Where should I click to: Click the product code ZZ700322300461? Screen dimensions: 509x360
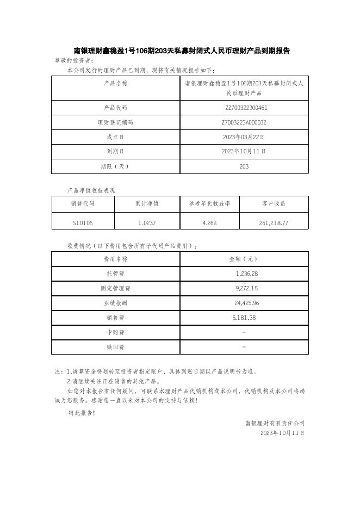(x=244, y=108)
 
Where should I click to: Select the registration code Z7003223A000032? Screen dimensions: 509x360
(x=244, y=123)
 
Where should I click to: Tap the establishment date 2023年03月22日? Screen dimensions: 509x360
(x=244, y=137)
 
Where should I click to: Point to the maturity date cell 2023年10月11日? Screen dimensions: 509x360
(x=244, y=152)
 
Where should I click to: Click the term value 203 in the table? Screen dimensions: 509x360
(x=244, y=166)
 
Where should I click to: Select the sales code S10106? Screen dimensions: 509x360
(x=83, y=223)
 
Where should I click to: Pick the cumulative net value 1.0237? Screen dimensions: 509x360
(x=147, y=223)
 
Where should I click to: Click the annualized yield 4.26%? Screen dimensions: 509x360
(x=209, y=223)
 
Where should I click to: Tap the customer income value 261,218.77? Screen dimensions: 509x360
(x=274, y=223)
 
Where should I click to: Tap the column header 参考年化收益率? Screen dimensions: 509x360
(x=209, y=203)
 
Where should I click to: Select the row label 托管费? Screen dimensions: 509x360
(x=115, y=274)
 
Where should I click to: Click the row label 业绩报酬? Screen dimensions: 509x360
(x=115, y=303)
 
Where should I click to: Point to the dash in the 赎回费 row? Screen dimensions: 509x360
(x=244, y=347)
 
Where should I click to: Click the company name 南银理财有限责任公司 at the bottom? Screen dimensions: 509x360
(x=275, y=423)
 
